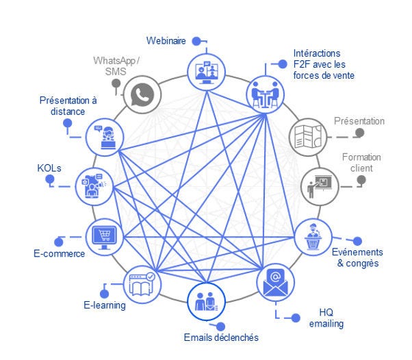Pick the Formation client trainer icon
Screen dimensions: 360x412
319,184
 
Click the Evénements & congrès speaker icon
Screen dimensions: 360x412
311,237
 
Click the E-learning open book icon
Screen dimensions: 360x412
142,283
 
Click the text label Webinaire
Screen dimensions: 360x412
166,40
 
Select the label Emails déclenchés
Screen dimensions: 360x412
221,337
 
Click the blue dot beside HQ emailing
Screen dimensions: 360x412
296,318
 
